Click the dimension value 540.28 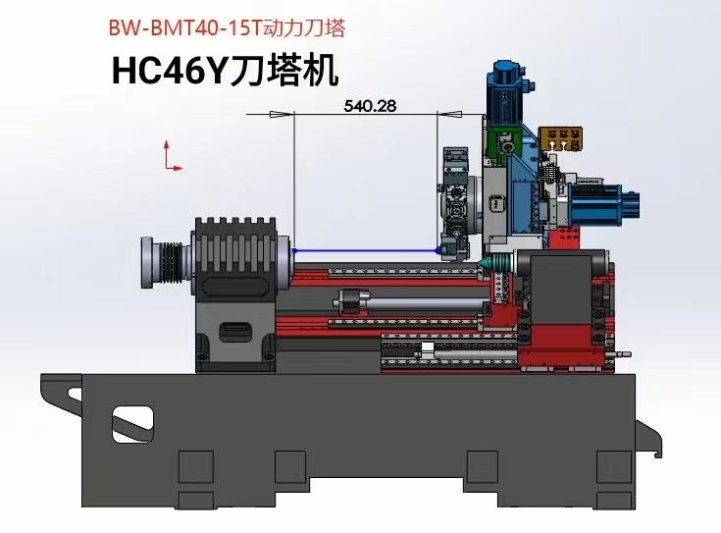click(370, 106)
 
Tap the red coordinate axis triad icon click(171, 156)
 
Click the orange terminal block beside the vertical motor click(563, 140)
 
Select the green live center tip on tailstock click(488, 263)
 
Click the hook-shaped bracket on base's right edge click(648, 436)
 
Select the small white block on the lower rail click(428, 347)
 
